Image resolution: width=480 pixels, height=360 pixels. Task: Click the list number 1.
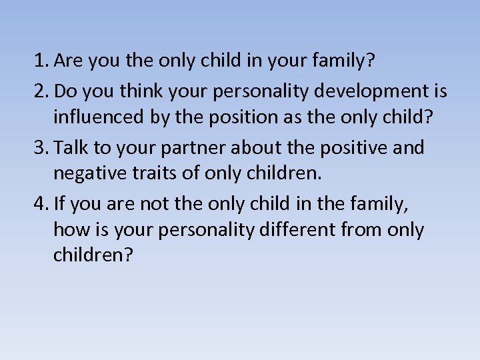(x=41, y=61)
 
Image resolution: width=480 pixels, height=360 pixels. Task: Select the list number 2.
(x=41, y=90)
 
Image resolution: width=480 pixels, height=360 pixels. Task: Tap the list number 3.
(x=41, y=147)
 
